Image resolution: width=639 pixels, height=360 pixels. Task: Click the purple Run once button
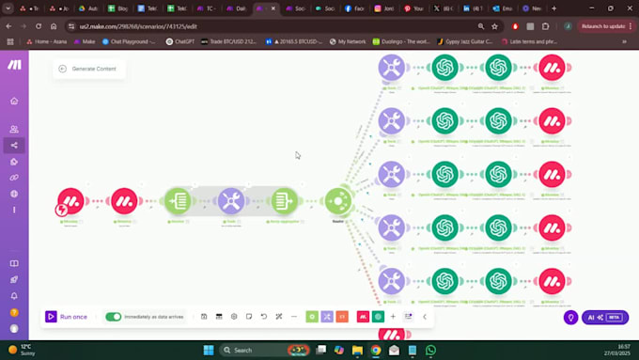coord(67,317)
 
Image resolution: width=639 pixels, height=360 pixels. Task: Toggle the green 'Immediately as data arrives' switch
coord(114,317)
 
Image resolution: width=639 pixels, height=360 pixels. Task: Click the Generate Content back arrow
coord(63,69)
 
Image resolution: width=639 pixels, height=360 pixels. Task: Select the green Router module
coord(337,201)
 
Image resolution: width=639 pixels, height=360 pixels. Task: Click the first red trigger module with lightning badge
coord(70,201)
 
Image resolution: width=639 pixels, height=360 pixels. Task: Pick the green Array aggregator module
coord(284,201)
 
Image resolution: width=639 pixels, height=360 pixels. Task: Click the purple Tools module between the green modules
coord(231,201)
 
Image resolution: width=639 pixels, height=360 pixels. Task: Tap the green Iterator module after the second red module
coord(177,201)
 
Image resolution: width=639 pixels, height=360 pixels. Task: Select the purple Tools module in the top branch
coord(391,68)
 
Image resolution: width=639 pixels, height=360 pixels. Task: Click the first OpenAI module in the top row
coord(445,68)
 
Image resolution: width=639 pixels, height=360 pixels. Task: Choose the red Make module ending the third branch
coord(552,175)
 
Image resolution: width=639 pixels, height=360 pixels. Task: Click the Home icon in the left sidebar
coord(14,101)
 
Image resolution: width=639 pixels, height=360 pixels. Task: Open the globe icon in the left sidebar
coord(14,194)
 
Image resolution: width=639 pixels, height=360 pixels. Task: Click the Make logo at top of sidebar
coord(14,65)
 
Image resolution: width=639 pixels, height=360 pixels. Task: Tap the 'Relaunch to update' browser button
coord(601,26)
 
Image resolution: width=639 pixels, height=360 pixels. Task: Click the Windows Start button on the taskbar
coord(209,350)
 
